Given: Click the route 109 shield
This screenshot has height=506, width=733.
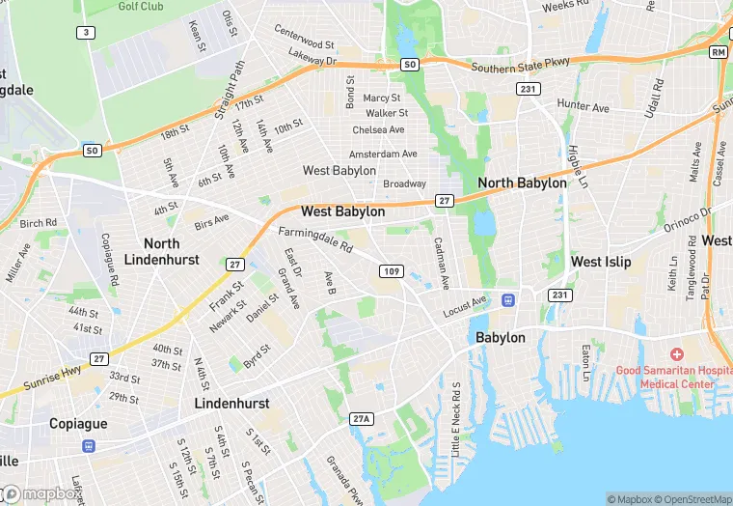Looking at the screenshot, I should pos(391,271).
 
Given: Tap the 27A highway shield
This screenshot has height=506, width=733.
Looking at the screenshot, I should pos(361,417).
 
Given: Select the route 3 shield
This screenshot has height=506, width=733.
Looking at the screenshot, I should pos(87,33).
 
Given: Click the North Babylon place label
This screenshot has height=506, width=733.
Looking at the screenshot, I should pos(522,183).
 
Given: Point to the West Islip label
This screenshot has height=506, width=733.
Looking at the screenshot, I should pos(601,262).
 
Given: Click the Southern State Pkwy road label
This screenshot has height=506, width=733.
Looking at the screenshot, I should pos(521,69).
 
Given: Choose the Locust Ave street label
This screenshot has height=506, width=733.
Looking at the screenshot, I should pos(466,308).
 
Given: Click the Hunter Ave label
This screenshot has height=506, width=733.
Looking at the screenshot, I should pos(583,106).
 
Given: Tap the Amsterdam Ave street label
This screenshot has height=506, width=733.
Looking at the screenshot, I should pos(383,155).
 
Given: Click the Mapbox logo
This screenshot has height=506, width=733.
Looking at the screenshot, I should pos(41,493).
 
